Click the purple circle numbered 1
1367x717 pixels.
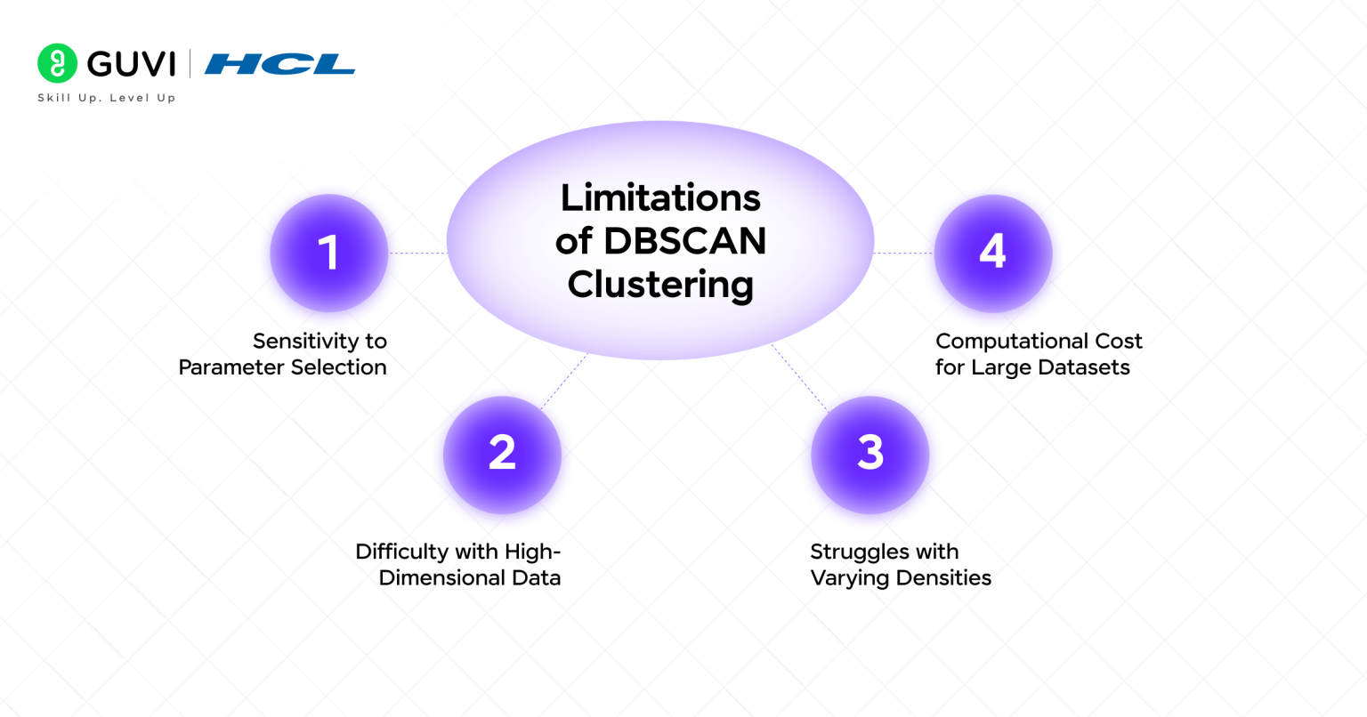click(328, 253)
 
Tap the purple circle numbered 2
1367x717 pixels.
click(502, 454)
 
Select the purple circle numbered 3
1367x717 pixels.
click(870, 454)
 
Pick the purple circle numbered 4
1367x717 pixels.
click(992, 253)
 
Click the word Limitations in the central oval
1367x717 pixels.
click(660, 197)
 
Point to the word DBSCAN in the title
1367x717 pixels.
click(684, 241)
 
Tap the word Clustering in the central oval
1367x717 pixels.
click(660, 285)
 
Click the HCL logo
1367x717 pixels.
click(279, 64)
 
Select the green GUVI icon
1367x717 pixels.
click(58, 63)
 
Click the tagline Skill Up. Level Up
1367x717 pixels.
click(106, 98)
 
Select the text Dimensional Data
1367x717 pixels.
click(469, 578)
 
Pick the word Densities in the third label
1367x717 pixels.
click(944, 578)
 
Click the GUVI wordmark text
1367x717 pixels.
click(132, 64)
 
